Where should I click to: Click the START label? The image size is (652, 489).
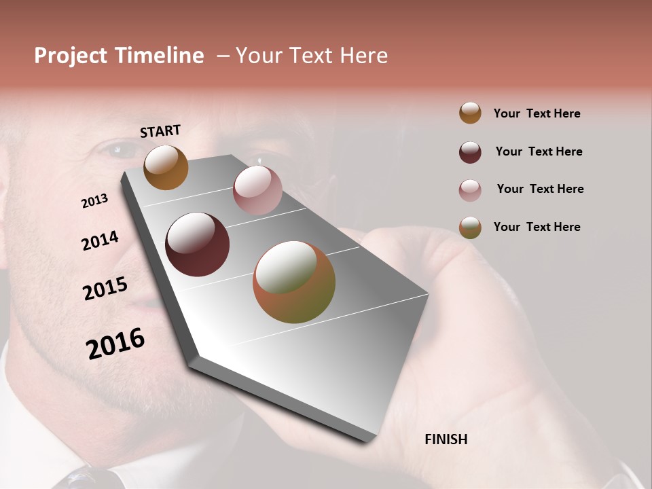click(160, 131)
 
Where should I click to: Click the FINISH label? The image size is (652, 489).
click(446, 439)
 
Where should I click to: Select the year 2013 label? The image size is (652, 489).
click(94, 201)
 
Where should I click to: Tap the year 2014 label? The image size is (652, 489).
click(100, 240)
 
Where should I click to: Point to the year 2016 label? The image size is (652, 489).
click(115, 344)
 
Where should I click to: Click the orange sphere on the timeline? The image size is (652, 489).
click(166, 167)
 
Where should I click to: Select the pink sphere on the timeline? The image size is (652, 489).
click(257, 190)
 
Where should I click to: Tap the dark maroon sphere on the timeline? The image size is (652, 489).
click(197, 244)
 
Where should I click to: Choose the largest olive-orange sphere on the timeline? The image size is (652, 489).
click(294, 282)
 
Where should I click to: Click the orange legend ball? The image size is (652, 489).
click(470, 113)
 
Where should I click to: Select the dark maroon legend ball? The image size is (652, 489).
click(470, 152)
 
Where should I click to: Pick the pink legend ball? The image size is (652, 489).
click(470, 190)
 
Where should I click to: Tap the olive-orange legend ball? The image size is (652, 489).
click(470, 228)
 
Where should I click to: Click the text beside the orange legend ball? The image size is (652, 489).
click(537, 113)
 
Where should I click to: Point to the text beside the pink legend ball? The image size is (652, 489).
click(540, 189)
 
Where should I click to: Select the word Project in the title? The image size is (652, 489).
click(69, 56)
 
